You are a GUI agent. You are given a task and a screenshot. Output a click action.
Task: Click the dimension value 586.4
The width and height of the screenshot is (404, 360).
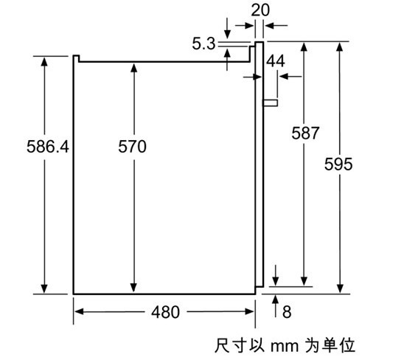click(48, 147)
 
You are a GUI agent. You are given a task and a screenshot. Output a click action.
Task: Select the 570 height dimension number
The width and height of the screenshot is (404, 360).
click(133, 147)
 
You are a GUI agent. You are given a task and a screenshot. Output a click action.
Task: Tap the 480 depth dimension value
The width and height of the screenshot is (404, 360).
click(165, 312)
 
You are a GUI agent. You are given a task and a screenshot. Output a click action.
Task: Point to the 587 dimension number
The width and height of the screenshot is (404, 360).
click(305, 133)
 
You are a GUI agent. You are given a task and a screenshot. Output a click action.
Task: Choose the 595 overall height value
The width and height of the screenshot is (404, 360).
click(338, 164)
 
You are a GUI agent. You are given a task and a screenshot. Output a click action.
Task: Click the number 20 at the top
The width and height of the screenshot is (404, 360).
click(260, 10)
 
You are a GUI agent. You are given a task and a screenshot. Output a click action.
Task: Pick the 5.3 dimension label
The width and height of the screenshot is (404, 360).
click(203, 44)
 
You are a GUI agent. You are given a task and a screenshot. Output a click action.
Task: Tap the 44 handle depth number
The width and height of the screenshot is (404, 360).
click(276, 61)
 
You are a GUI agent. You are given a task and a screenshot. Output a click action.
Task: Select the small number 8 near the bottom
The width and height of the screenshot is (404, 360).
click(287, 312)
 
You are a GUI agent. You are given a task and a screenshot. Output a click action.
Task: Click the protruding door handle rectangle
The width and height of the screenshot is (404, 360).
click(271, 103)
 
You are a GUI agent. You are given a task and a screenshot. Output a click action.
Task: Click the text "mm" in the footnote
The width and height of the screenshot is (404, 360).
click(284, 346)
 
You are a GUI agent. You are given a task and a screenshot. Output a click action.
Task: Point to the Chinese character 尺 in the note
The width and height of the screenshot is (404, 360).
click(223, 345)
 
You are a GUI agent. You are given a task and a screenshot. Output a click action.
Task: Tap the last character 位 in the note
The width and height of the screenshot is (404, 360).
click(347, 345)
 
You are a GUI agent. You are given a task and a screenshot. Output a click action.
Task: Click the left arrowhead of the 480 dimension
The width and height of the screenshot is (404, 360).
click(79, 312)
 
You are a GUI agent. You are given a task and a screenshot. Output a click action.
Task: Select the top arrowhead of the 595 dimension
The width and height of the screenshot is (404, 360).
click(340, 46)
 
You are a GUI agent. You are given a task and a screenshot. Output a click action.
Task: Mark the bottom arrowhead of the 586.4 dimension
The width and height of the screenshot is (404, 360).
click(44, 289)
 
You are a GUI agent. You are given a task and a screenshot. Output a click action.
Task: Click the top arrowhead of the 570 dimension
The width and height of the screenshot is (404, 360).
click(133, 68)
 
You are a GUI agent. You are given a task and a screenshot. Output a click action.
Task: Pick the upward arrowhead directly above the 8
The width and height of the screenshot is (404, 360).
click(276, 300)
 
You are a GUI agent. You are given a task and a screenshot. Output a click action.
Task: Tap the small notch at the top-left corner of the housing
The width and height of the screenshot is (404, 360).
click(76, 58)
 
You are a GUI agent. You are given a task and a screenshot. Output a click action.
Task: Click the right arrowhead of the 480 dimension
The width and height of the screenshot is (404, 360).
click(250, 312)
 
